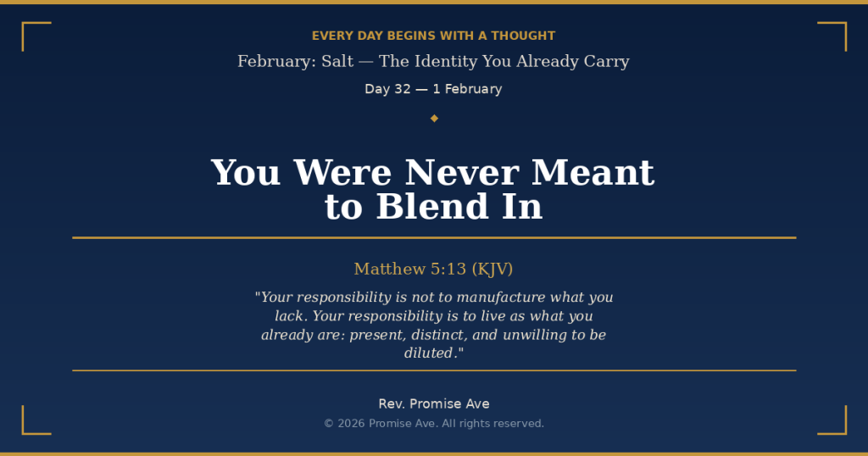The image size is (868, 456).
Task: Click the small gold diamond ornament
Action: (x=434, y=118)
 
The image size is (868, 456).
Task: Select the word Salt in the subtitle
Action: (x=337, y=61)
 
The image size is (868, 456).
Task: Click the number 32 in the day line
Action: (x=403, y=89)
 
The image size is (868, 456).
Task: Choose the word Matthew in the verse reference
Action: (x=389, y=269)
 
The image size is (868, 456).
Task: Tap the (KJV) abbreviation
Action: (x=492, y=269)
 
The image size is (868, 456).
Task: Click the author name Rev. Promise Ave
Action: (x=434, y=403)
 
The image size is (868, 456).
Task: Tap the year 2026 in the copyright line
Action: (x=351, y=423)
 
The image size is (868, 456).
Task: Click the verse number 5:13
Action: (x=448, y=269)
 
